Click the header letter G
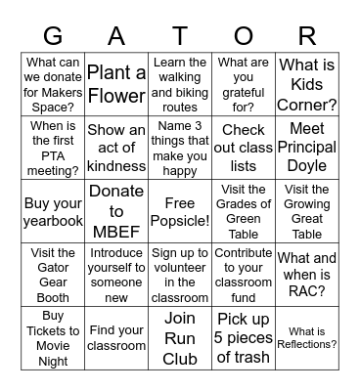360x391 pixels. (x=53, y=36)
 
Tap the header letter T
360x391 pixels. (x=180, y=36)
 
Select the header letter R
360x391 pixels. (x=307, y=36)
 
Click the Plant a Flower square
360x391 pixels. (x=116, y=83)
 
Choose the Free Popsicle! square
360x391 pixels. (x=180, y=211)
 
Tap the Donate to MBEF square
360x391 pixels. (x=116, y=211)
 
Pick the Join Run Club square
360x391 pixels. (x=180, y=337)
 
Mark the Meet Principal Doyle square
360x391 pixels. (x=307, y=147)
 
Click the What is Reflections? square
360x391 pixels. (x=307, y=337)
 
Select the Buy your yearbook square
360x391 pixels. (x=53, y=211)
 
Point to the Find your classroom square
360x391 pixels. (x=116, y=337)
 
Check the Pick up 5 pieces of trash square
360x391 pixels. (x=244, y=337)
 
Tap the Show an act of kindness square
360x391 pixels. (x=116, y=147)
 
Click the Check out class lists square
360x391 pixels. (x=244, y=147)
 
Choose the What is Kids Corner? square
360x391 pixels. (x=307, y=83)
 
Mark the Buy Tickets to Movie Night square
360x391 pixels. (x=53, y=337)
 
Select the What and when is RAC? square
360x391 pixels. (x=307, y=275)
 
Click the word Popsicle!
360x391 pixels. (x=180, y=221)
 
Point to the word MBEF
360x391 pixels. (x=116, y=231)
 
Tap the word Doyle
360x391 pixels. (x=307, y=165)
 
